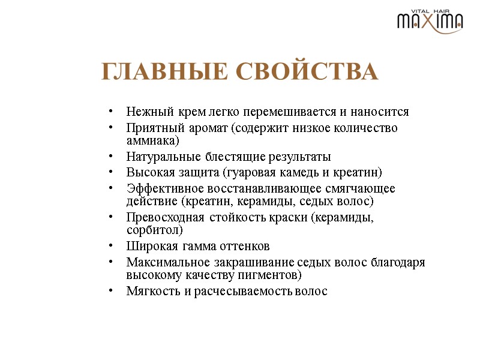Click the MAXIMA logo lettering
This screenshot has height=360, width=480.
[x=430, y=22]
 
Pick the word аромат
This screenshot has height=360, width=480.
[x=206, y=128]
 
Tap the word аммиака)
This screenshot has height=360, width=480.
[x=152, y=141]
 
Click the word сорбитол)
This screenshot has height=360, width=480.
[x=155, y=230]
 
